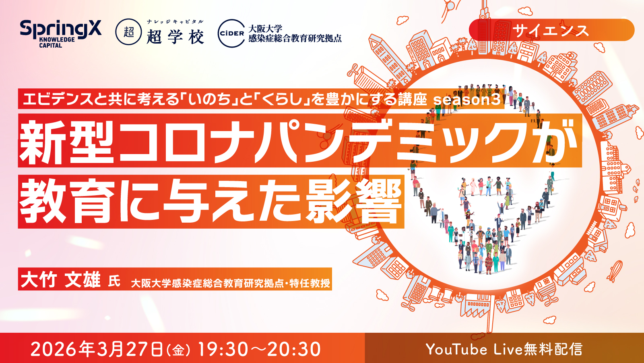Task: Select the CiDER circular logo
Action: click(x=231, y=33)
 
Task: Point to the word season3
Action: click(x=467, y=100)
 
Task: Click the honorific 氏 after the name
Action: click(x=114, y=281)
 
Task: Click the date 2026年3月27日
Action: click(x=96, y=349)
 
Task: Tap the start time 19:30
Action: click(x=223, y=349)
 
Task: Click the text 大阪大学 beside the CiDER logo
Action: click(x=265, y=29)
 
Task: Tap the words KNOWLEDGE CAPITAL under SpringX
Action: click(x=57, y=42)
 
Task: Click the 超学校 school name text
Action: click(x=175, y=37)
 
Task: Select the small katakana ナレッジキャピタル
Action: click(x=175, y=22)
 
